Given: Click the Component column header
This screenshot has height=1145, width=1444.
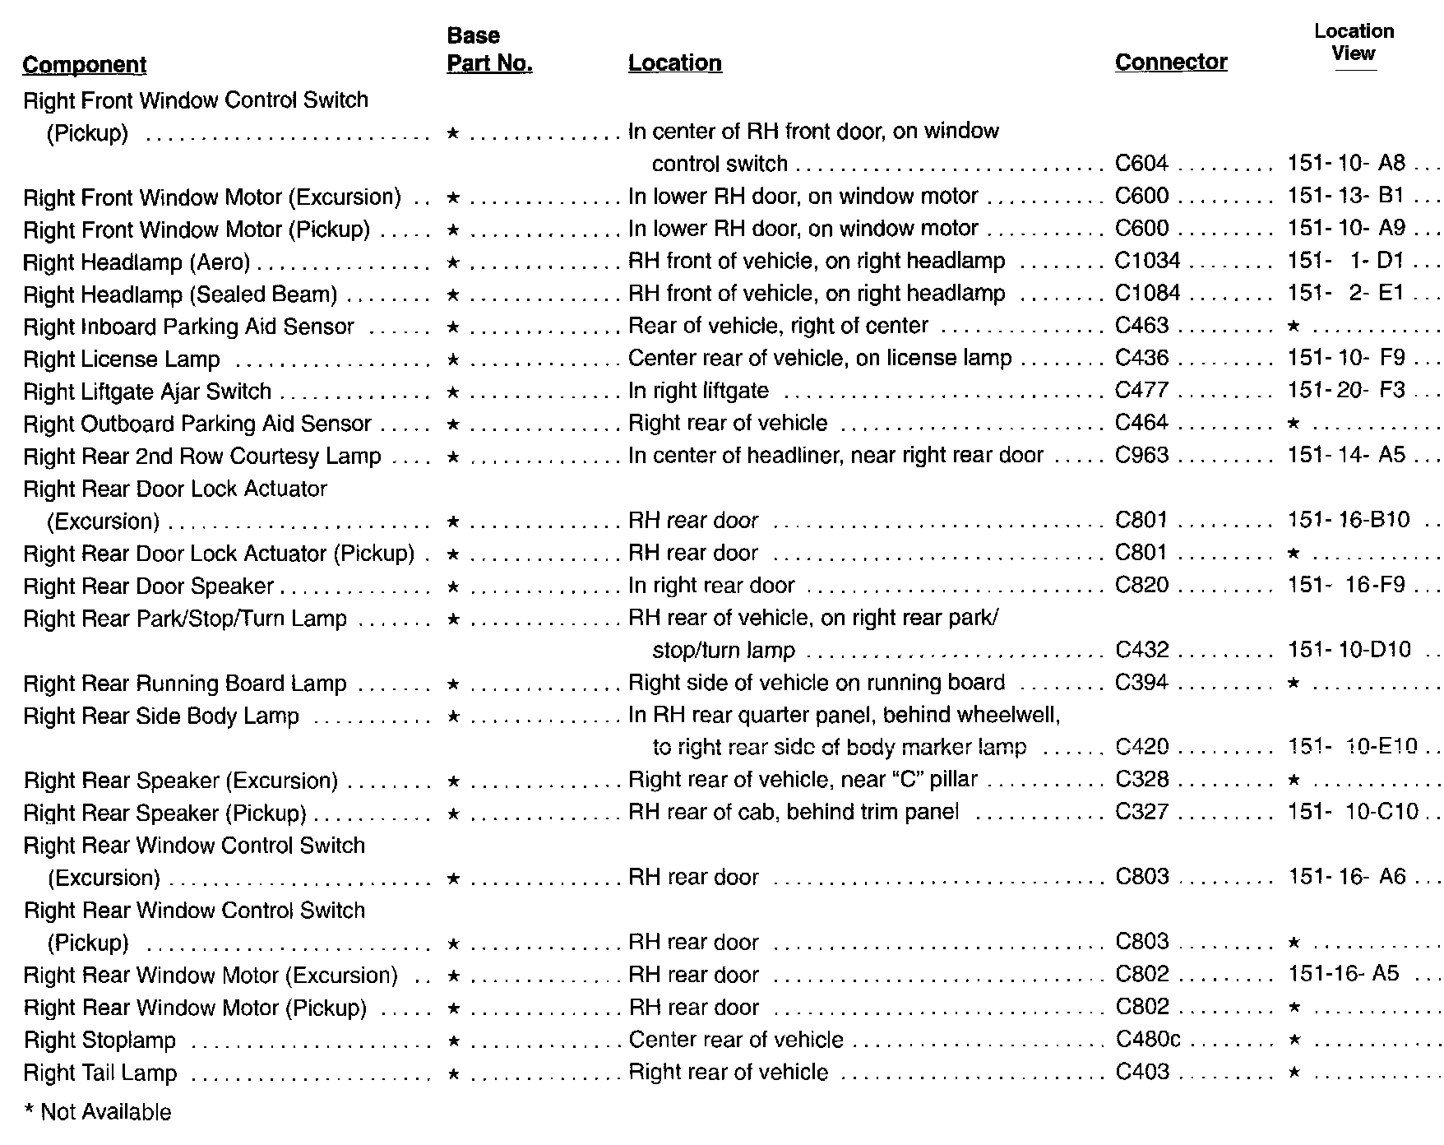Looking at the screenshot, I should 84,65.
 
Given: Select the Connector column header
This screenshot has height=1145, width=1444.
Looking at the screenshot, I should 1170,63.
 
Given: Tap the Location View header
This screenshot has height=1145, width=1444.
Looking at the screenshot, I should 1354,43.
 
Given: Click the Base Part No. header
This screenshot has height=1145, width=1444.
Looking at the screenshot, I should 489,50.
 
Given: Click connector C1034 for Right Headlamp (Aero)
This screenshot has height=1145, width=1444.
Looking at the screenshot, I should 1147,261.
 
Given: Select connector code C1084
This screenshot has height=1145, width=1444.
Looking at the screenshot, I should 1147,294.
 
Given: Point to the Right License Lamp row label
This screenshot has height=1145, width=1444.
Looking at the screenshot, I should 122,359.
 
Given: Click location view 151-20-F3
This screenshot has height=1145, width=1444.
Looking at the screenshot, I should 1346,390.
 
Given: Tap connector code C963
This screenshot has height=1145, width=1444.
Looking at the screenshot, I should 1141,455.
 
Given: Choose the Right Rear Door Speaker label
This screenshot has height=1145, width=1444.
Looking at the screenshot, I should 148,586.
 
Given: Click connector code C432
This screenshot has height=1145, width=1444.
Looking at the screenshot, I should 1141,650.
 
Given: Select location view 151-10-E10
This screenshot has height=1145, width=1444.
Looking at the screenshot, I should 1353,747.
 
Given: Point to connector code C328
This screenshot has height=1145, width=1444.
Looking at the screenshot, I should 1141,779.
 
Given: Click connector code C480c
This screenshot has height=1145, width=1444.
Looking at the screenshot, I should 1148,1040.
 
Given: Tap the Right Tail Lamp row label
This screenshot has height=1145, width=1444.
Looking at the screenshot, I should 100,1073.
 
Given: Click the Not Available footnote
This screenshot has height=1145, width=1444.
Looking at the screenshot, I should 98,1113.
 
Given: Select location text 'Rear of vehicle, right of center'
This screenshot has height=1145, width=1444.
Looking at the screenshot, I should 778,326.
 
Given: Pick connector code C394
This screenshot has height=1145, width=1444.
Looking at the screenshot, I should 1141,683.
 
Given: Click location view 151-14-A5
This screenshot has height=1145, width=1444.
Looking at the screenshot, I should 1346,455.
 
